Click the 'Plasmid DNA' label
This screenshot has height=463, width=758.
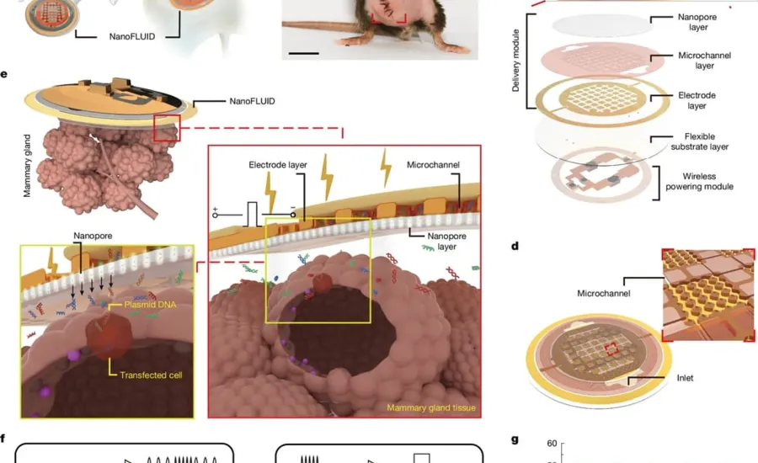150,305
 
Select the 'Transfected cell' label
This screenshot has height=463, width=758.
151,375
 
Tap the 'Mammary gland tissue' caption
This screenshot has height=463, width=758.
431,408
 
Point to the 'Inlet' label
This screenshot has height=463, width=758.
685,378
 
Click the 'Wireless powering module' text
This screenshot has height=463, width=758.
700,181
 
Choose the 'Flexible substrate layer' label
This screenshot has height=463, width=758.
700,141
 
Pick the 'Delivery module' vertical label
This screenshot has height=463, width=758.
515,61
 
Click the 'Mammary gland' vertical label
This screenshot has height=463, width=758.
27,166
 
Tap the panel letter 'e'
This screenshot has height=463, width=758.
4,74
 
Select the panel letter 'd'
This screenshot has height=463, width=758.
515,247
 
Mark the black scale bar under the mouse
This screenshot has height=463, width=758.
303,53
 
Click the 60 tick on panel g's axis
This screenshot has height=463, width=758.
552,443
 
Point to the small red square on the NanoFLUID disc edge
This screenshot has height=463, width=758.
167,128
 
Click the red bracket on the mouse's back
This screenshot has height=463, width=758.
388,18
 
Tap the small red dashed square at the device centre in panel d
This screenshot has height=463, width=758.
611,349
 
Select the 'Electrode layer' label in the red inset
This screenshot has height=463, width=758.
278,165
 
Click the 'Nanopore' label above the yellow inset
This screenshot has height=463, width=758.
93,236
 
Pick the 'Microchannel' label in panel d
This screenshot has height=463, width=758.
604,293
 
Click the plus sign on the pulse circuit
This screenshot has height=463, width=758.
215,209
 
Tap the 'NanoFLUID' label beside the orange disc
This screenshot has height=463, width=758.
253,101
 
